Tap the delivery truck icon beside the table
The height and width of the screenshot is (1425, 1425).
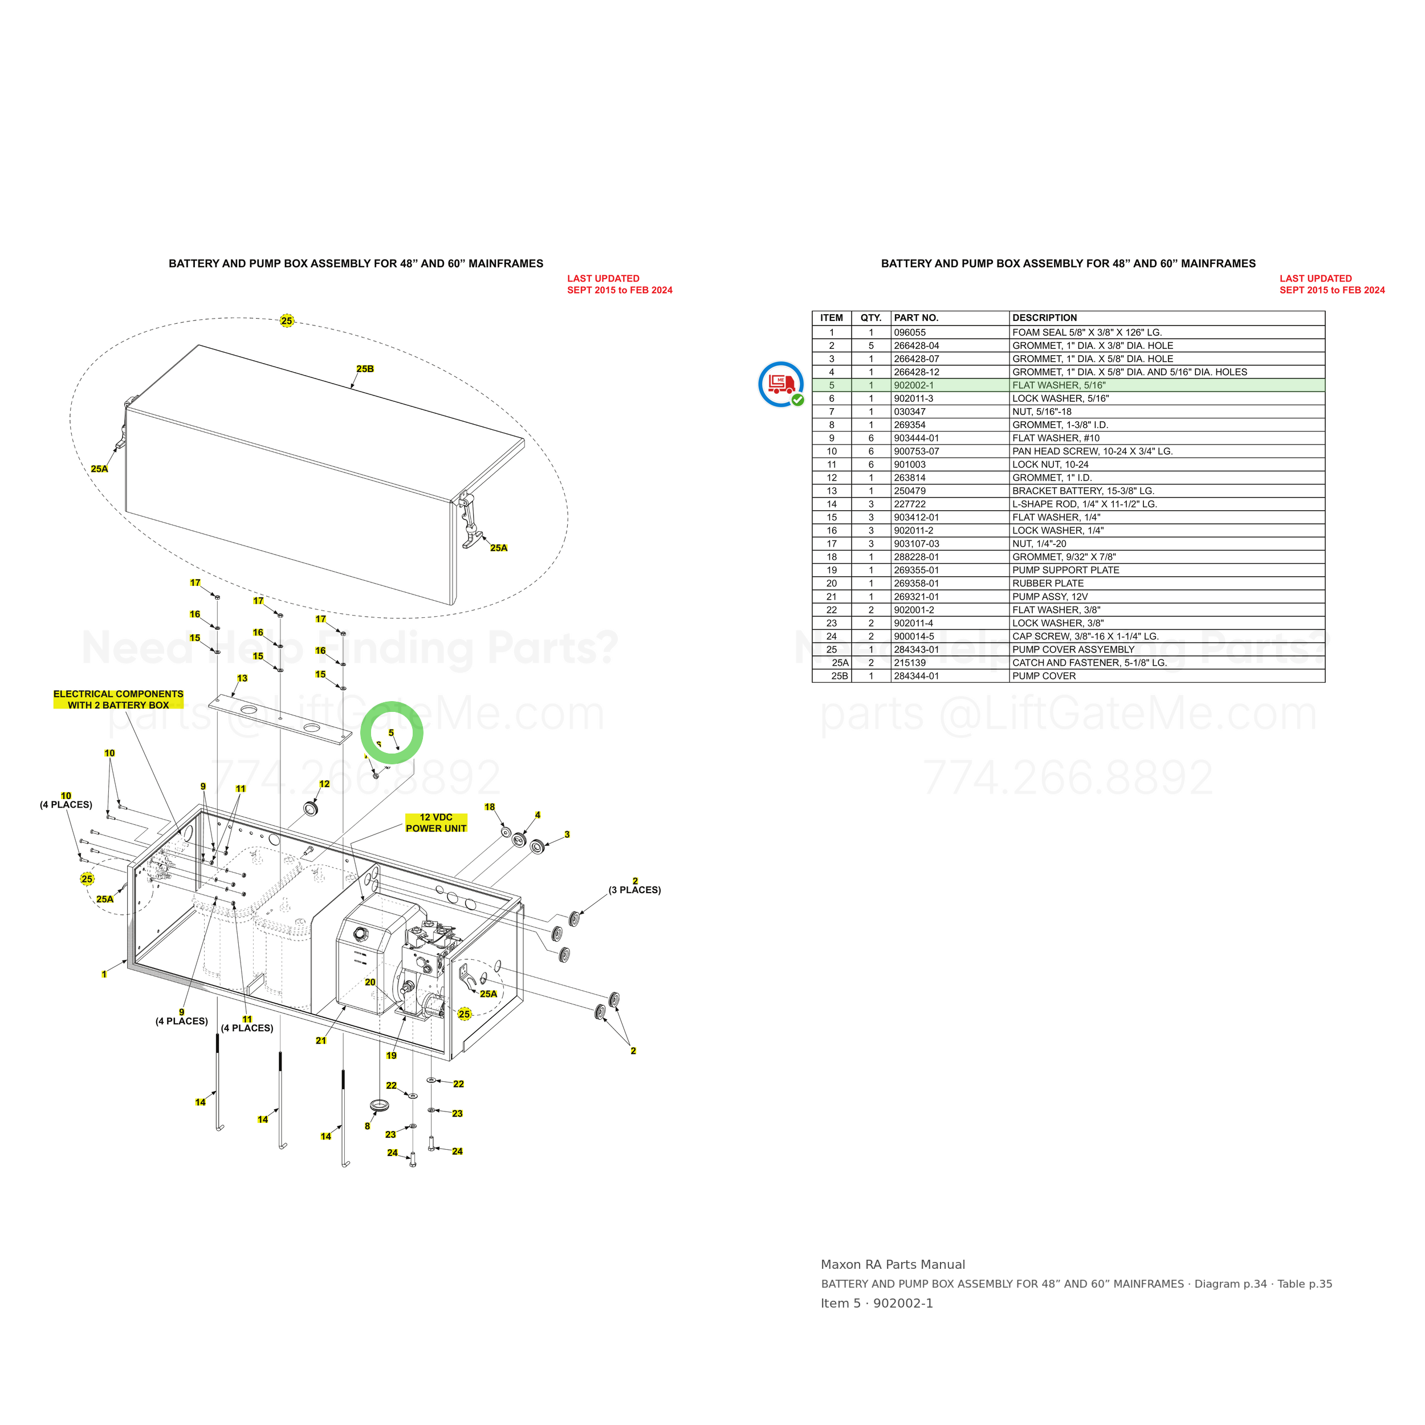point(781,384)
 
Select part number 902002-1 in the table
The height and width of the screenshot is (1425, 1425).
point(913,385)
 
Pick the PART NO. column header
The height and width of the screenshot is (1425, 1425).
point(916,318)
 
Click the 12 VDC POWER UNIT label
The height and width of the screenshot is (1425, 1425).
point(436,823)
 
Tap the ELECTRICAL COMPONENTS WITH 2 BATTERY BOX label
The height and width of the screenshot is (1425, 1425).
point(118,699)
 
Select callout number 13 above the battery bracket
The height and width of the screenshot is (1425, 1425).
point(242,678)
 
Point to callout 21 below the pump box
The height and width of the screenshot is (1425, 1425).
point(321,1041)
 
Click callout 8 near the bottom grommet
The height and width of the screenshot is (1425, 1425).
point(367,1126)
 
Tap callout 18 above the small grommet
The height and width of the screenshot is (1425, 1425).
point(490,807)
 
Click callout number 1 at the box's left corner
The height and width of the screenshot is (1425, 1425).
point(104,974)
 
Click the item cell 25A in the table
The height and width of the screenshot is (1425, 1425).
point(840,662)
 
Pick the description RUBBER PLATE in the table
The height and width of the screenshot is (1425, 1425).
point(1047,584)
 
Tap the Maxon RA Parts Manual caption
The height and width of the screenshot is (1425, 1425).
point(893,1264)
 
